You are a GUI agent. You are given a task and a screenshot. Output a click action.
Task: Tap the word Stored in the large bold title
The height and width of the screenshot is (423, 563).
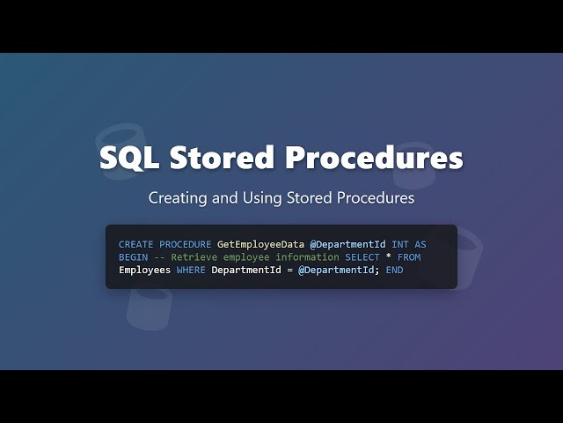(221, 158)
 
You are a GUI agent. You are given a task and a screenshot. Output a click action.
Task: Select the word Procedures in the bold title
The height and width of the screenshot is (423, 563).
(373, 158)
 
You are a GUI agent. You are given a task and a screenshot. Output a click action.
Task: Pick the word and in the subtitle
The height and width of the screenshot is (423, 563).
(227, 198)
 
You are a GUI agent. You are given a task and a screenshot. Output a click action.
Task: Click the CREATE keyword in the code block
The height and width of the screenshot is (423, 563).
(135, 244)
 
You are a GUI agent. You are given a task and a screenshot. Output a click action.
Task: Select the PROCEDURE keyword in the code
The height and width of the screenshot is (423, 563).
(185, 244)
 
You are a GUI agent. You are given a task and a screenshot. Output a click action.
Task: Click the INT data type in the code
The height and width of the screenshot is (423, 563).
(400, 244)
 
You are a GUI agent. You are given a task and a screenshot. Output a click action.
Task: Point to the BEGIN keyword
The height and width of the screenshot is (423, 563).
(133, 257)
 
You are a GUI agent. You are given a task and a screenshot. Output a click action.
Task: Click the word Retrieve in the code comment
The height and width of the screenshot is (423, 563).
(194, 257)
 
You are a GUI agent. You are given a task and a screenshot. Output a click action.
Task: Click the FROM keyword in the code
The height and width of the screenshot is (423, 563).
(409, 257)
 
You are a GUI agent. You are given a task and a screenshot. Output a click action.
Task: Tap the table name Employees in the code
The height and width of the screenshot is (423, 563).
(144, 270)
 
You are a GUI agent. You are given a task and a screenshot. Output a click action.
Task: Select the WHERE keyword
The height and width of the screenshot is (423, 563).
(191, 270)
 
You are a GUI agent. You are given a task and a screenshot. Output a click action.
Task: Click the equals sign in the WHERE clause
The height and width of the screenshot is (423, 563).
(289, 270)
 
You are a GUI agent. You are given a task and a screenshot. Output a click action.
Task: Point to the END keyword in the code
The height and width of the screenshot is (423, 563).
(394, 270)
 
